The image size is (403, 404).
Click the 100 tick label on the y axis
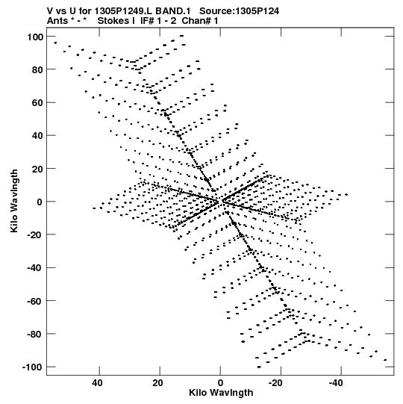click(35, 37)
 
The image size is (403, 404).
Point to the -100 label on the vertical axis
click(32, 367)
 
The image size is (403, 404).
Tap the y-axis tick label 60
click(37, 103)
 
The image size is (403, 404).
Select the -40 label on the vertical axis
click(35, 268)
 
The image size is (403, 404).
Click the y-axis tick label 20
click(37, 169)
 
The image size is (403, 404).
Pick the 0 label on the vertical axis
click(40, 202)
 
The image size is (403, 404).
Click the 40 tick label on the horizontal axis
click(97, 383)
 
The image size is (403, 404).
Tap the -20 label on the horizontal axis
click(277, 383)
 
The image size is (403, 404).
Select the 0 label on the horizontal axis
click(220, 383)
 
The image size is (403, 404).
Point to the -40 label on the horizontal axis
click(337, 383)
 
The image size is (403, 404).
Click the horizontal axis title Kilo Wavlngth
click(221, 393)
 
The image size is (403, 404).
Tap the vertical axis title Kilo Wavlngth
click(14, 201)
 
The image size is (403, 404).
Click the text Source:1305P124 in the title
click(239, 11)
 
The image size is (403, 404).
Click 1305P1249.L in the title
click(124, 11)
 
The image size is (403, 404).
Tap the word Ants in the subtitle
click(57, 21)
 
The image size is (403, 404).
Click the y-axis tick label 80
click(37, 70)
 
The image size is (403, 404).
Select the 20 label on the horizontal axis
click(157, 383)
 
